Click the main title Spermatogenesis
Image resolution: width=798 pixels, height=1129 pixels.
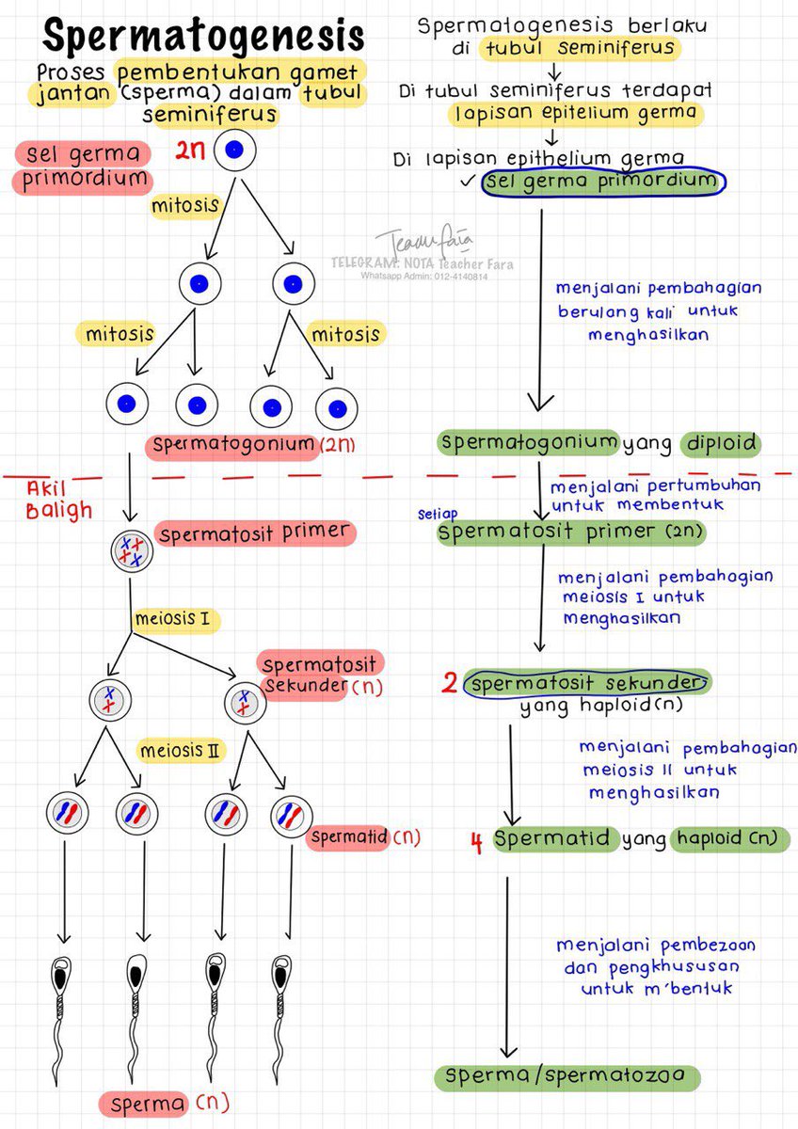click(x=202, y=38)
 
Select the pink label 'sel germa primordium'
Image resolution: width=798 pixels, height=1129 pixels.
click(x=82, y=167)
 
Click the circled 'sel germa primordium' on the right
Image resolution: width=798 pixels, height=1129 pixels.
click(x=602, y=182)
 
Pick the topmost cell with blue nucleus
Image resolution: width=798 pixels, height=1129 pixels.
click(x=234, y=150)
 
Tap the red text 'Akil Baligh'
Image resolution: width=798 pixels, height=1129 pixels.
click(x=58, y=500)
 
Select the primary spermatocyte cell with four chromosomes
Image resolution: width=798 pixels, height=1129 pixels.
click(x=131, y=551)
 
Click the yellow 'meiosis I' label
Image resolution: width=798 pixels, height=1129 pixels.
click(x=177, y=619)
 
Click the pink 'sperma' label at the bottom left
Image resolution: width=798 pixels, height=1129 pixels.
click(x=145, y=1104)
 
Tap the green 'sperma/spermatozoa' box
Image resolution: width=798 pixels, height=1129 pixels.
click(x=572, y=1076)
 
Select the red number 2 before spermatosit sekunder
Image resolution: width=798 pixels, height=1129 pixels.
click(x=449, y=684)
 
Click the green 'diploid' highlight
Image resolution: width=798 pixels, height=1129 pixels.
click(x=722, y=443)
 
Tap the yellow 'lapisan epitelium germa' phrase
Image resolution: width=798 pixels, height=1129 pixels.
click(x=575, y=113)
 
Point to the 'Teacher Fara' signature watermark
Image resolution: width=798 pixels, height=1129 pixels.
click(x=414, y=241)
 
